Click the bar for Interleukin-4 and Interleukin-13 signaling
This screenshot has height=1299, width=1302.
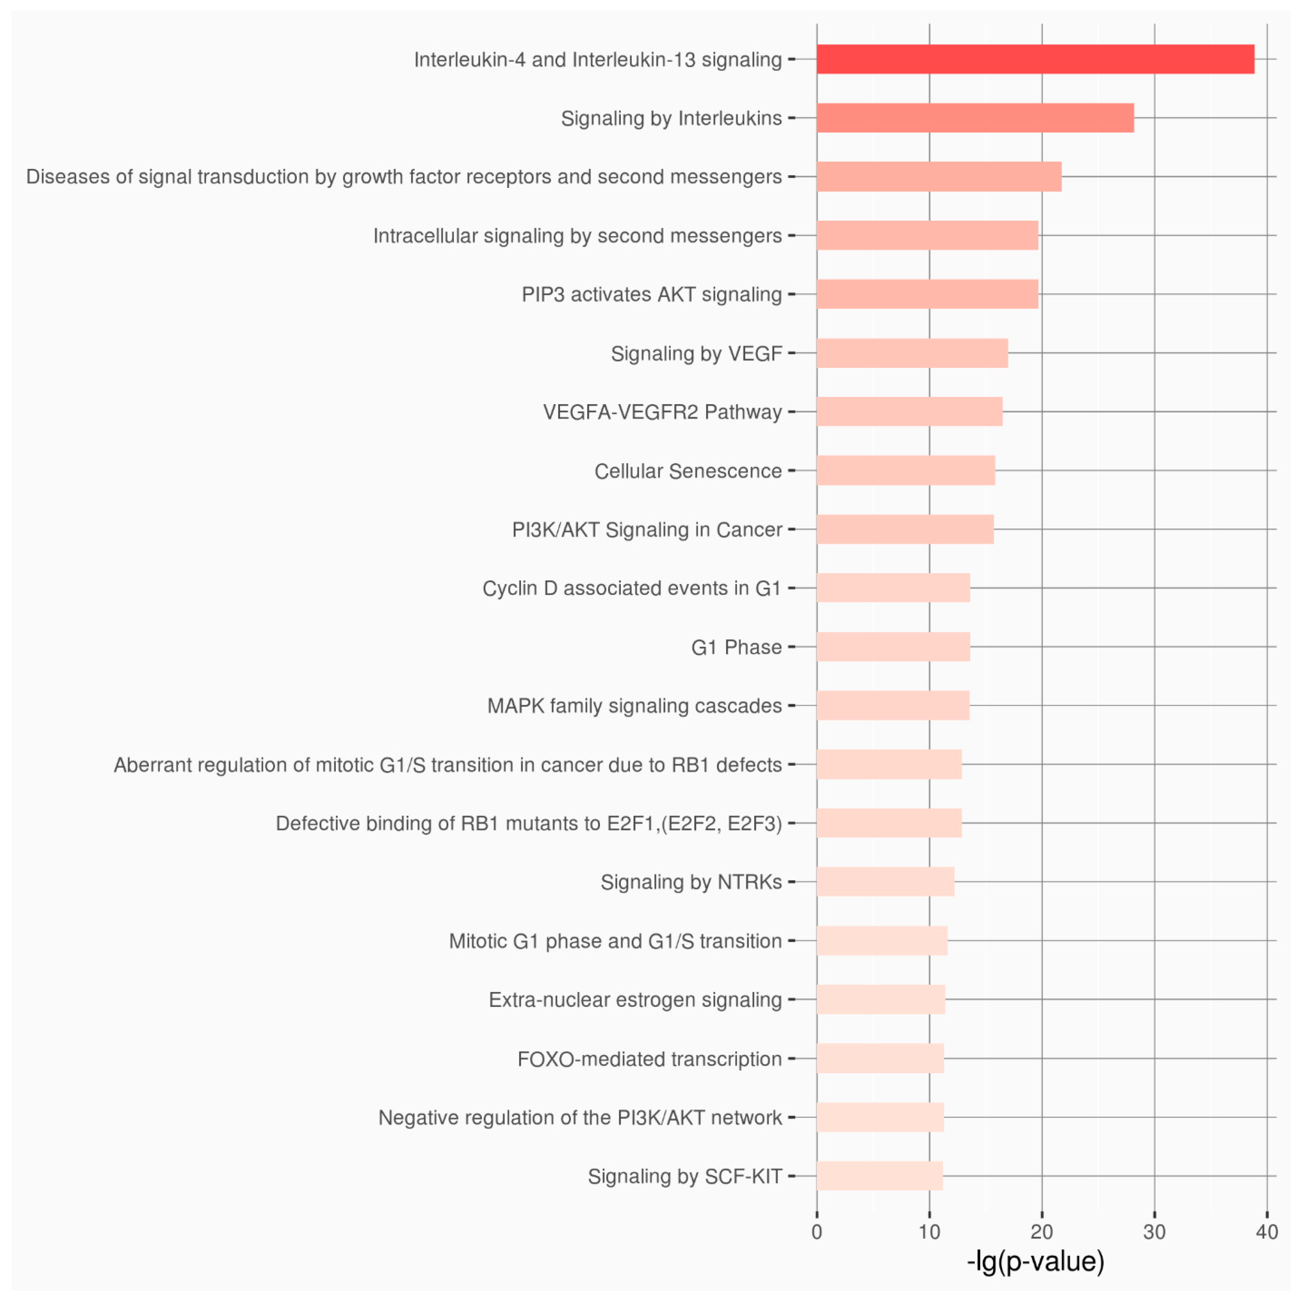(x=1035, y=59)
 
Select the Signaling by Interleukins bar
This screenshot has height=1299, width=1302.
(x=975, y=118)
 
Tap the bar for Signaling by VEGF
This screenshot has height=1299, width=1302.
(x=912, y=353)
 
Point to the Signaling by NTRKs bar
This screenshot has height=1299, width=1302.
(x=885, y=882)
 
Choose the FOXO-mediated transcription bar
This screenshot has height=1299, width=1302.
(x=880, y=1058)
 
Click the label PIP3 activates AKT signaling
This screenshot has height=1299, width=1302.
(x=651, y=294)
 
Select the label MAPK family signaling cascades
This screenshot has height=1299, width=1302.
(x=634, y=706)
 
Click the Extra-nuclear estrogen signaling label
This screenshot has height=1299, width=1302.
(x=635, y=1000)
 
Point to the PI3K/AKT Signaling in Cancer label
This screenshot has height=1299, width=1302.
(x=646, y=530)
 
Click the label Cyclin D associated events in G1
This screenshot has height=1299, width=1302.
(x=631, y=589)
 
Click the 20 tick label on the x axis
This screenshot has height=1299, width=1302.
(x=1042, y=1232)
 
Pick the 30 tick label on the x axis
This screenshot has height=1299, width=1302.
(x=1154, y=1232)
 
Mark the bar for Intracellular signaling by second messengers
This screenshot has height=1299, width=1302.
(x=927, y=235)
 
